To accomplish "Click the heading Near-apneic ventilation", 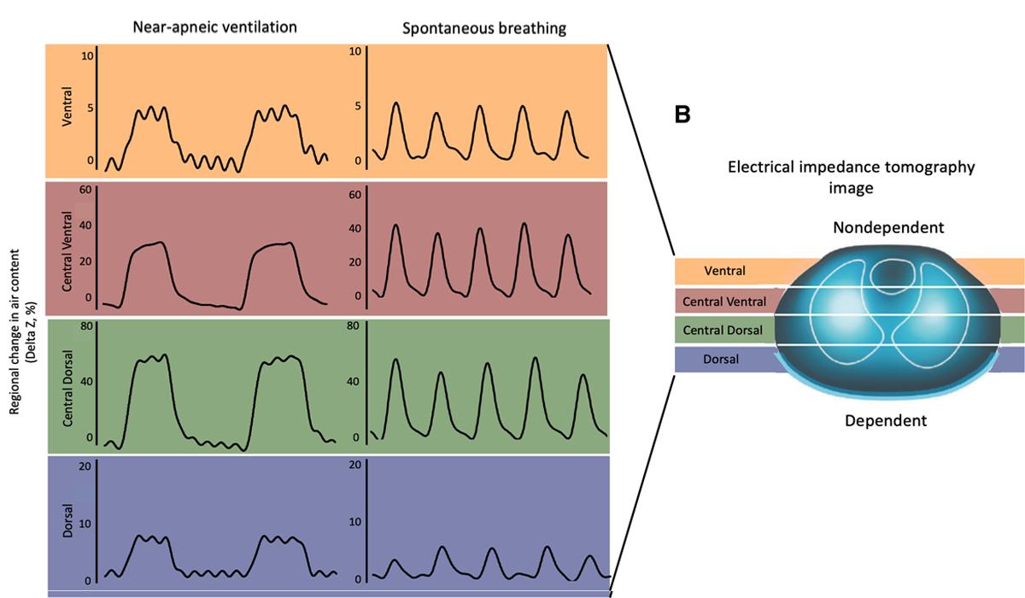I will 214,27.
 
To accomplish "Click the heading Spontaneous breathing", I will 484,29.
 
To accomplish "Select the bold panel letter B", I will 682,114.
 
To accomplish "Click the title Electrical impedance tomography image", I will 851,177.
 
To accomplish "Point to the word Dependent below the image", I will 885,420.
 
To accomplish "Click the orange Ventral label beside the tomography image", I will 724,272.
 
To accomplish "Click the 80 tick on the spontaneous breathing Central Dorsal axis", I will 354,325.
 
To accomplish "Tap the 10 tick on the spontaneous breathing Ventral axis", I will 355,53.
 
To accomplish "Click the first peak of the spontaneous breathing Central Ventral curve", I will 395,226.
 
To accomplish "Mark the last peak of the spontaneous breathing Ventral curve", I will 566,112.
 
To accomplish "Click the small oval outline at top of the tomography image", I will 894,275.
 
